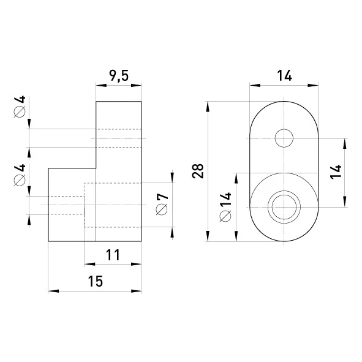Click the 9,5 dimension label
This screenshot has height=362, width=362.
click(119, 76)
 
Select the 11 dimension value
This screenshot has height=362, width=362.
click(113, 255)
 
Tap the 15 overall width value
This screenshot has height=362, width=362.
click(95, 281)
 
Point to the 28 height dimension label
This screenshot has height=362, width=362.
click(198, 171)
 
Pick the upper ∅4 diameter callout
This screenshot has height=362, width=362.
click(20, 107)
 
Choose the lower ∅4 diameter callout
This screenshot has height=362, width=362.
click(20, 175)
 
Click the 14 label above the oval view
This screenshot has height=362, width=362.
click(284, 76)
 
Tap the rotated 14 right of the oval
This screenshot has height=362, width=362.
click(336, 172)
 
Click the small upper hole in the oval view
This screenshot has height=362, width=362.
click(284, 138)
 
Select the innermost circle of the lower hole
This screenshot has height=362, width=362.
click(284, 207)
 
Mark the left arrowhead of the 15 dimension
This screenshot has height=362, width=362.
click(53, 291)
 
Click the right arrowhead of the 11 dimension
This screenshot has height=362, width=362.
click(136, 264)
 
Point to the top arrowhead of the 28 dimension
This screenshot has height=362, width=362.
click(208, 107)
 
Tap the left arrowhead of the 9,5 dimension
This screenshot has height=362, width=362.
click(101, 85)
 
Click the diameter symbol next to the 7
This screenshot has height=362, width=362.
click(162, 210)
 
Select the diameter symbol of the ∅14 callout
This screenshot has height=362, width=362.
click(225, 216)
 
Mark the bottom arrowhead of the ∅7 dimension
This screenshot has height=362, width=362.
click(172, 232)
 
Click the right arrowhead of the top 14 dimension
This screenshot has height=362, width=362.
click(313, 85)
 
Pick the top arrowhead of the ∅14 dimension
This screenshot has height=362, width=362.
click(236, 178)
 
